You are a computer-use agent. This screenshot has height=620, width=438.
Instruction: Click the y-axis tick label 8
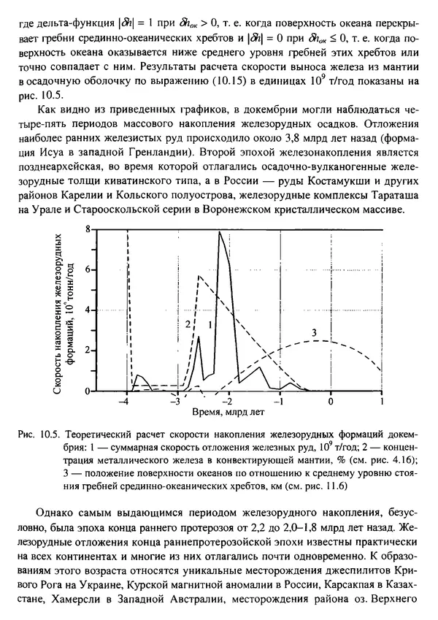[109, 229]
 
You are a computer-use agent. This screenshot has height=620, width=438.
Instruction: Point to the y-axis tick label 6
[109, 269]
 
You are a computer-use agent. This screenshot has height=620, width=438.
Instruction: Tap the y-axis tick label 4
[109, 310]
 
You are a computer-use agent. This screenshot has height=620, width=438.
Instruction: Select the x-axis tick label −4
[126, 402]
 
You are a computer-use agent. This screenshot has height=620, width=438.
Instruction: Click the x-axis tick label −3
[175, 402]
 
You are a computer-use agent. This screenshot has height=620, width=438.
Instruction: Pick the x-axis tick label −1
[278, 402]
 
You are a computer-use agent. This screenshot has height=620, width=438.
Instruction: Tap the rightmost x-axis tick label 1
[382, 402]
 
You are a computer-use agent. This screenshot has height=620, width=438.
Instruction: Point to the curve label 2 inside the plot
[188, 324]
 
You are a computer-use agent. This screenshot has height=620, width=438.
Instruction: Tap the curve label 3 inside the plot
[312, 333]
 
